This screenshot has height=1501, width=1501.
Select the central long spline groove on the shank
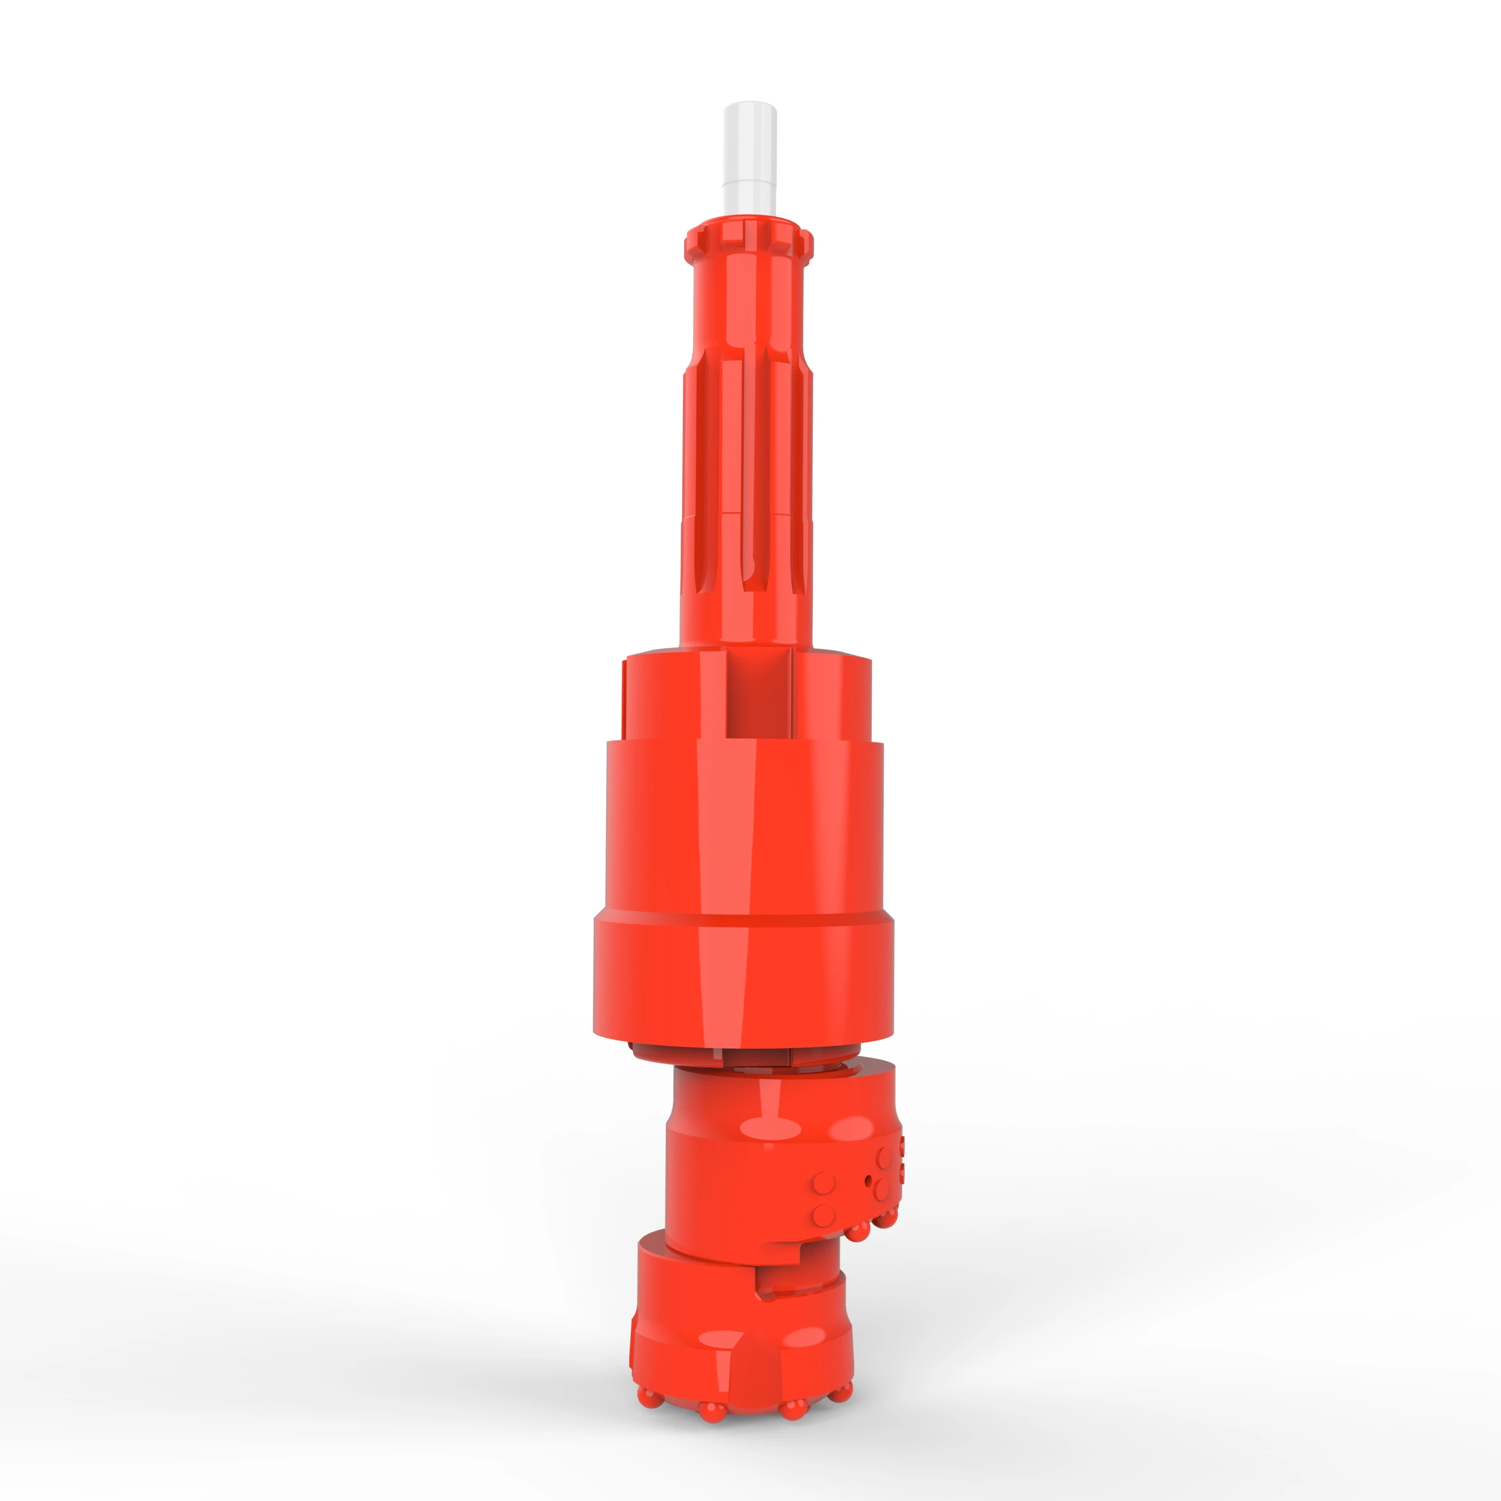755,474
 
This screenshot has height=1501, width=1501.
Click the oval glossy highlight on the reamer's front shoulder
771,1129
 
